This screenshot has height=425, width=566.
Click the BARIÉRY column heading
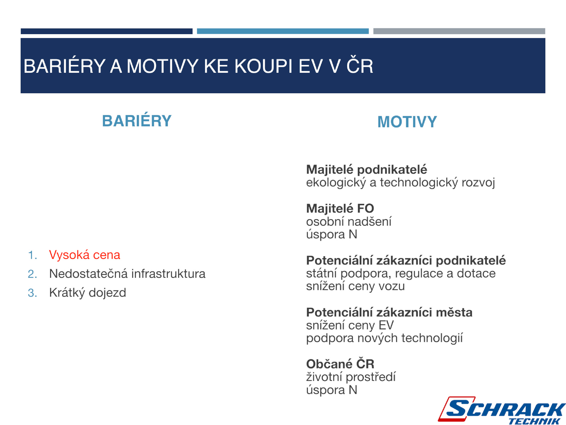(x=137, y=120)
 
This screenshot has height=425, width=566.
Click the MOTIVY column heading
(x=407, y=122)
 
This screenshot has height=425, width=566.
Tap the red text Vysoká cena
(x=85, y=255)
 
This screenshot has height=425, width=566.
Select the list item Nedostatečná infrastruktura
(x=127, y=273)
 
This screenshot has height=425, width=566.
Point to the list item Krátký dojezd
(x=87, y=293)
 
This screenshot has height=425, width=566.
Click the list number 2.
(x=32, y=274)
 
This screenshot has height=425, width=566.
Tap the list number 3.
(x=32, y=293)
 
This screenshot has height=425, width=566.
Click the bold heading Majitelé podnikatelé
(x=366, y=170)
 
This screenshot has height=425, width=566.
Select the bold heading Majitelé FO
(x=340, y=208)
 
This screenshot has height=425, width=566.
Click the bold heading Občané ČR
(x=340, y=364)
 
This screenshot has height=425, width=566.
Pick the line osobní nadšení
(x=349, y=221)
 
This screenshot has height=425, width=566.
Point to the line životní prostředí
(x=351, y=377)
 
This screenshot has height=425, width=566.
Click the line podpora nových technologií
(x=384, y=338)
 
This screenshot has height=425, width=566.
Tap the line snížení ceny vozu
(x=355, y=286)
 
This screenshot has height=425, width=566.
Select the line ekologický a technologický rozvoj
(x=400, y=183)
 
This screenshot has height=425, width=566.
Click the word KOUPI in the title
(x=263, y=66)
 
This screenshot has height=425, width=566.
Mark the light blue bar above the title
(x=283, y=31)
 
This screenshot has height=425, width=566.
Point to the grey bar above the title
(x=459, y=31)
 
